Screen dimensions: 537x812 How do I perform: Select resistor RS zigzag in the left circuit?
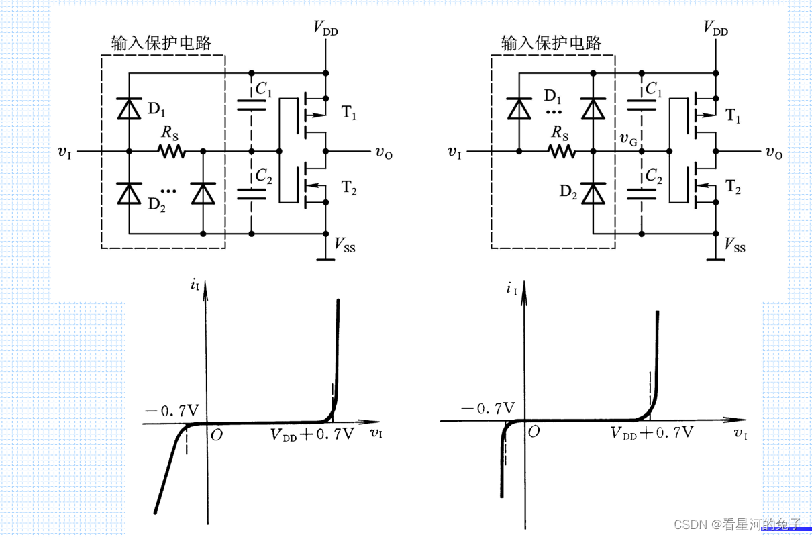tap(172, 152)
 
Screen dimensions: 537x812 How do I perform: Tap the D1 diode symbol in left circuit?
tap(129, 109)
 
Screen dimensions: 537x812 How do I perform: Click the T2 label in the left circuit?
tap(350, 190)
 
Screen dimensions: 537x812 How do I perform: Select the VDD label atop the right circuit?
tap(715, 28)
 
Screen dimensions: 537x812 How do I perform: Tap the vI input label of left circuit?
tap(66, 152)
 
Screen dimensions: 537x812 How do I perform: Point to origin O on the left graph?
tap(216, 435)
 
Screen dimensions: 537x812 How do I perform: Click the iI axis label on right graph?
tap(512, 289)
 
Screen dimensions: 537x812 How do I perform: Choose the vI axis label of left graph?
tap(377, 434)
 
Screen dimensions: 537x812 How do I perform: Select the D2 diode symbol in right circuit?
tap(593, 193)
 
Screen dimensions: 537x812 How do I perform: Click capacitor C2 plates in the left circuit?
tap(252, 194)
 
